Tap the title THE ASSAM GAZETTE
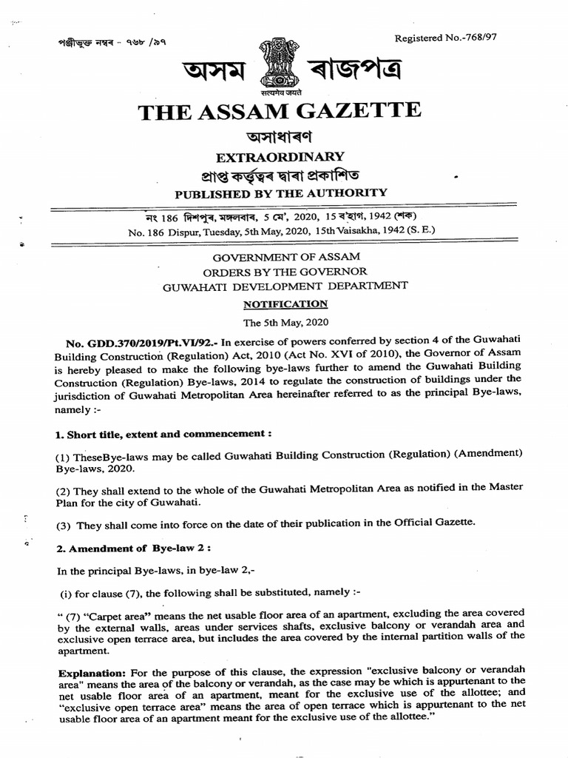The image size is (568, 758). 280,113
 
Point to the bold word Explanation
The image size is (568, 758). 91,673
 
